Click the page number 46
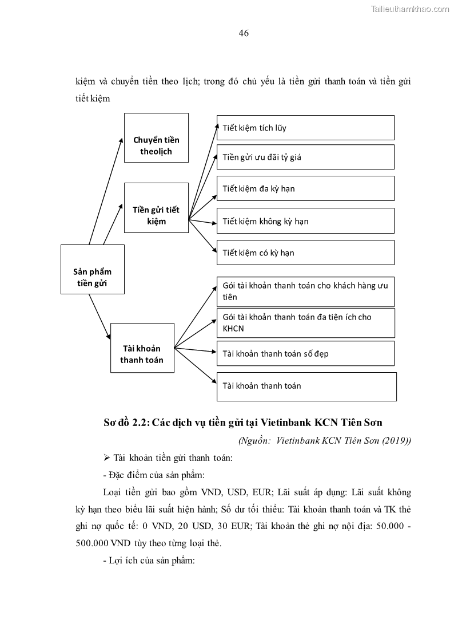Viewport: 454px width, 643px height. click(x=243, y=33)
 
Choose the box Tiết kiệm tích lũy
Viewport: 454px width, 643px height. click(x=305, y=128)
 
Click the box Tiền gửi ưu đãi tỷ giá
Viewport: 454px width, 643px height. click(x=305, y=157)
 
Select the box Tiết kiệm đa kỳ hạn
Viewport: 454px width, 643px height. click(x=305, y=188)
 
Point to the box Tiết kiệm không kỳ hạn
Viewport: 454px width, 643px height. click(x=305, y=220)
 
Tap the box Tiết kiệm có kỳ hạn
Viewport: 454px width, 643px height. click(x=305, y=253)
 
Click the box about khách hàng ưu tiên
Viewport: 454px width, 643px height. click(x=305, y=291)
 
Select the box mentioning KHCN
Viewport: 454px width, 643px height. click(x=305, y=323)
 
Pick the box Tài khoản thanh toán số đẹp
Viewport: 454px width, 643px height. click(x=305, y=353)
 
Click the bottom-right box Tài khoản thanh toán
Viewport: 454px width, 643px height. click(x=306, y=386)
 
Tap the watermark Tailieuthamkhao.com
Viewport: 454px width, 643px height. click(x=411, y=9)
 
